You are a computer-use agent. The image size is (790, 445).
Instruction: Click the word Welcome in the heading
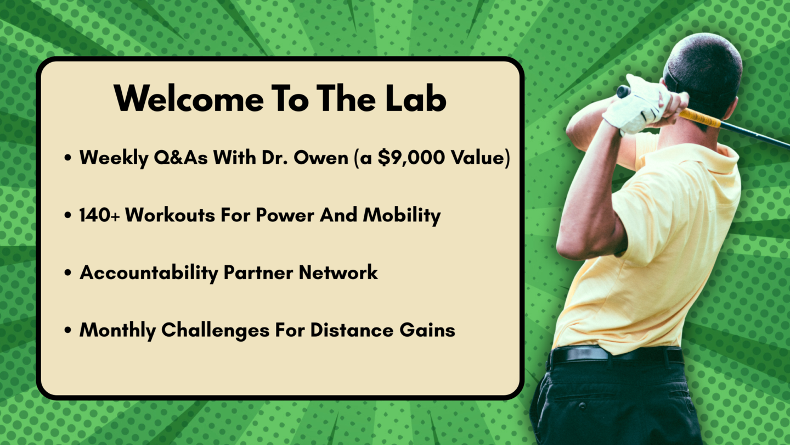point(189,98)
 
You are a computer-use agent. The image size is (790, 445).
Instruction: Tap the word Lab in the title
point(416,98)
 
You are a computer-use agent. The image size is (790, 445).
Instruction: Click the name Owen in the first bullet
point(321,158)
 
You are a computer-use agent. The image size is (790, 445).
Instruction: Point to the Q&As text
point(180,158)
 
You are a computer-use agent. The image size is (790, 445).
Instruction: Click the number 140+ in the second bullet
point(99,215)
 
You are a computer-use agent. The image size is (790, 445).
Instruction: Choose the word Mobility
point(402,216)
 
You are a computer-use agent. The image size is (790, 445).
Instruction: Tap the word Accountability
point(149,273)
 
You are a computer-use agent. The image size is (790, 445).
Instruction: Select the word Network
point(338,272)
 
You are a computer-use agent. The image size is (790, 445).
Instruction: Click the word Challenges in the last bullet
point(215,331)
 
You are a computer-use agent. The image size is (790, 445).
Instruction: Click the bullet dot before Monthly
point(68,330)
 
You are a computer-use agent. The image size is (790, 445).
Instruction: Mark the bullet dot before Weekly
point(68,158)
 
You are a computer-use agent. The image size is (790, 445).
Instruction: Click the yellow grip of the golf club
point(701,118)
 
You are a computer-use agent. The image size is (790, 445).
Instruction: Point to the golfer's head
point(703,74)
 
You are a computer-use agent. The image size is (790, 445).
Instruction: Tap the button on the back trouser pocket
point(582,406)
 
